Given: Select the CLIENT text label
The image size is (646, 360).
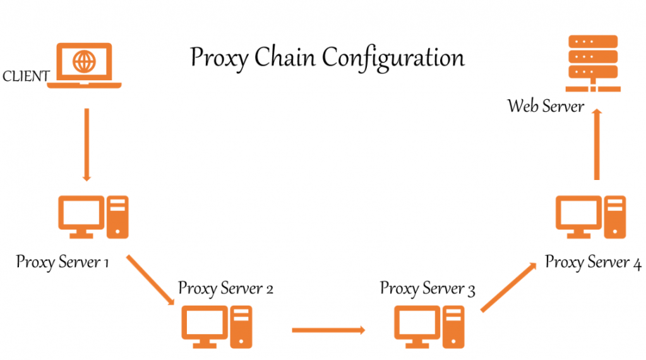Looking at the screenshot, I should coord(26,77).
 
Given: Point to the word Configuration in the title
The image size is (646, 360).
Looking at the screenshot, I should coord(393,59).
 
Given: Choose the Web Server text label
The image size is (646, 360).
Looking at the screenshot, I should coord(546,105).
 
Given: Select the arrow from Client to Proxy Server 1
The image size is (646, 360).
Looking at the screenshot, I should coord(87,145).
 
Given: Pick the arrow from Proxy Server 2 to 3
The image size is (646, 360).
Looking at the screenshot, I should coord(328,330).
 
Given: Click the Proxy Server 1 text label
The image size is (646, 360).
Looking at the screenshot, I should coord(63,261).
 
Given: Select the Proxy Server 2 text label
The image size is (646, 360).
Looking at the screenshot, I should coord(225,289).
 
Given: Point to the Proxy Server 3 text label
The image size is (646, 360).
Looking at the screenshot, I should coord(428,289).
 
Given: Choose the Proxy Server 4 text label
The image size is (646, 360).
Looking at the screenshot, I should coord(593,261).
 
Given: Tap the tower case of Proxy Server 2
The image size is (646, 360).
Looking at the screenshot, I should coord(241,327).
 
